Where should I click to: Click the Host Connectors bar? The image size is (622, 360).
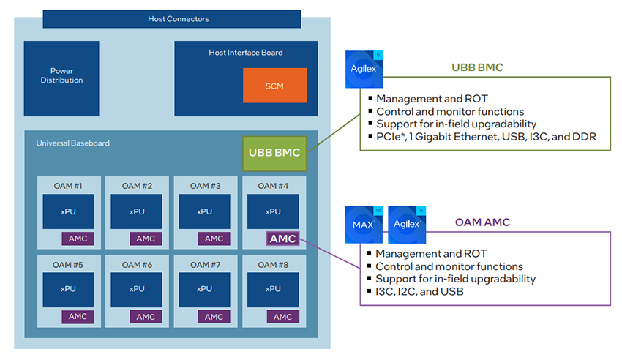click(x=171, y=19)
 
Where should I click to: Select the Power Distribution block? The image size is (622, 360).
click(x=61, y=76)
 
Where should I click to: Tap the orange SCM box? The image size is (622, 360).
click(x=274, y=86)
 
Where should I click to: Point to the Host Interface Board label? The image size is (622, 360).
click(x=245, y=53)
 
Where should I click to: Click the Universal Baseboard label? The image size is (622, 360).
click(x=73, y=143)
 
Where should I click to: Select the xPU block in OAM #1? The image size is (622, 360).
click(x=67, y=211)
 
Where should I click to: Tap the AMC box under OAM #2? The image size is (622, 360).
click(x=146, y=239)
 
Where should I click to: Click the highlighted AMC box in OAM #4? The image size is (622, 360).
click(x=282, y=239)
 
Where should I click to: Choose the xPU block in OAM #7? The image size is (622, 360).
click(x=204, y=289)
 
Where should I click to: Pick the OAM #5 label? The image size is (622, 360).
click(x=68, y=264)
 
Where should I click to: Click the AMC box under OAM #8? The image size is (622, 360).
click(x=282, y=317)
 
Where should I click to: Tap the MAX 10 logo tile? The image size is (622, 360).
click(x=364, y=224)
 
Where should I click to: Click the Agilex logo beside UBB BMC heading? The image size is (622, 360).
click(x=364, y=70)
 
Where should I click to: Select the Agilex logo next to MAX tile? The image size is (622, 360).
click(x=407, y=224)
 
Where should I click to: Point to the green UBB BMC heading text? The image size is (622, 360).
click(x=477, y=67)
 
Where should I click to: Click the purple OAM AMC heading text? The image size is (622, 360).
click(x=482, y=222)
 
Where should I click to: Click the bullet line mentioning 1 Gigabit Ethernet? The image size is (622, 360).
click(x=486, y=137)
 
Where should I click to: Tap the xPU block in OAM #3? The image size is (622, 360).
click(x=204, y=211)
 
